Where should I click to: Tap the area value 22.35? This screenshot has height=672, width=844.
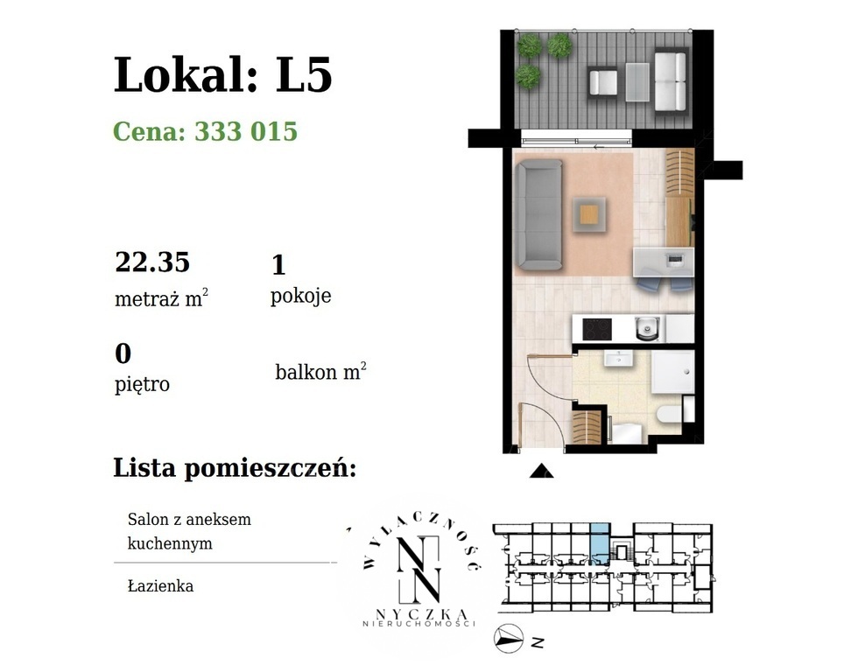pyautogui.click(x=152, y=262)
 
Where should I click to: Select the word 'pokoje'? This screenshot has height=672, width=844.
pyautogui.click(x=300, y=296)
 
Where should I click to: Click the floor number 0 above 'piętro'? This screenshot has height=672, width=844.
pyautogui.click(x=123, y=353)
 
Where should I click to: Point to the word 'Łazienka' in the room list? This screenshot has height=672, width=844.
pyautogui.click(x=159, y=586)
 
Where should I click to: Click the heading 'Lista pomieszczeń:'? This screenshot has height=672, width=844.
pyautogui.click(x=235, y=468)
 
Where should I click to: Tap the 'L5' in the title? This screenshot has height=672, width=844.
pyautogui.click(x=304, y=75)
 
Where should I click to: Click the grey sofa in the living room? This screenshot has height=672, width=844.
pyautogui.click(x=536, y=213)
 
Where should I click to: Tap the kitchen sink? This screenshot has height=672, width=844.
pyautogui.click(x=646, y=329)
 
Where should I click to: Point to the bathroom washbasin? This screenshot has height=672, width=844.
pyautogui.click(x=620, y=359)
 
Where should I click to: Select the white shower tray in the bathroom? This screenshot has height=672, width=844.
pyautogui.click(x=672, y=374)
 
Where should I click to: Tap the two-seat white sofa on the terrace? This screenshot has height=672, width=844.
pyautogui.click(x=671, y=80)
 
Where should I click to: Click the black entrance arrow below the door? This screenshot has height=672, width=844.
pyautogui.click(x=542, y=472)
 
